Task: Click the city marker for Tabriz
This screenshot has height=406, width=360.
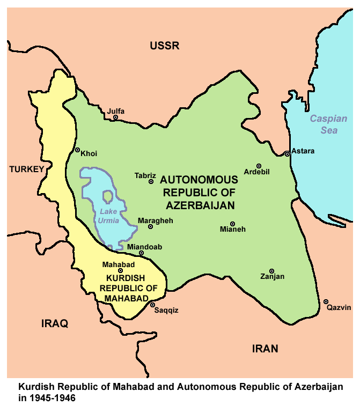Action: point(151,182)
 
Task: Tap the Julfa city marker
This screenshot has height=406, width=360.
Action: point(115,117)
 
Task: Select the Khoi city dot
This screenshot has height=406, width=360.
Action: point(78,150)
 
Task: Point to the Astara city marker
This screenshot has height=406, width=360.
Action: point(288,154)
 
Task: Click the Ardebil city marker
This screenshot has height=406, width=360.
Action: point(259,166)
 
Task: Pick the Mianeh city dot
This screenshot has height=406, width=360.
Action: point(232,224)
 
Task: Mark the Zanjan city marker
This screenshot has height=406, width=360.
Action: point(271,271)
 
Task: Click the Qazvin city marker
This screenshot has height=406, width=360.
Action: point(326,301)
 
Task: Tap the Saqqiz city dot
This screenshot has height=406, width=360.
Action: point(152,305)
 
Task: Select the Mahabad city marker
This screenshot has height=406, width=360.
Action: point(120,271)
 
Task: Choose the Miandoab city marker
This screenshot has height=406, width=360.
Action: point(141,253)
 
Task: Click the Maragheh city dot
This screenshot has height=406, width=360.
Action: point(150,227)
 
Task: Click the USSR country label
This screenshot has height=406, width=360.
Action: point(164,46)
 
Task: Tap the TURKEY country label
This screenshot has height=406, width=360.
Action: point(26,169)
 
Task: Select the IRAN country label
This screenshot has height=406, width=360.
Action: point(265,349)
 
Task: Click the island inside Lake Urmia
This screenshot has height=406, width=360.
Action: point(108,198)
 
